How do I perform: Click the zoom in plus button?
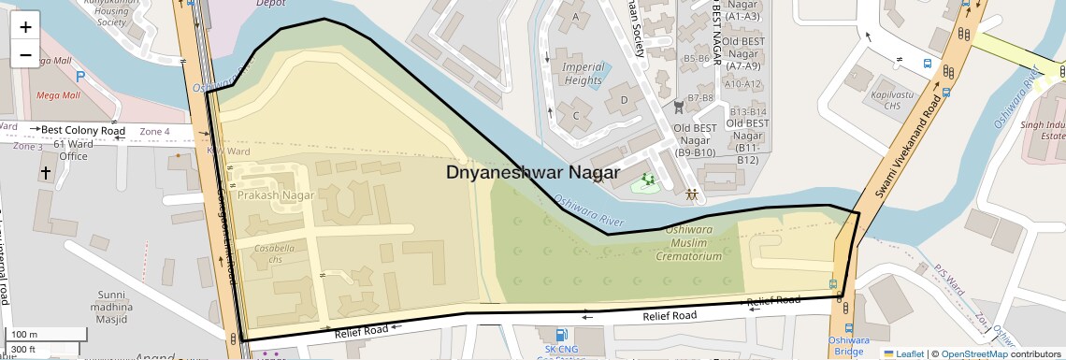pos(25,26)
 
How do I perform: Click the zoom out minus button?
pos(25,55)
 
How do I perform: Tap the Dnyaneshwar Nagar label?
pos(532,173)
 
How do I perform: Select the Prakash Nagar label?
pos(274,195)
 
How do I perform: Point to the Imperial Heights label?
pos(582,74)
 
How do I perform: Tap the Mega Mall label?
pos(59,95)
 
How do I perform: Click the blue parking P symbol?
pos(80,77)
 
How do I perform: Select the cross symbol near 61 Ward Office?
pos(45,173)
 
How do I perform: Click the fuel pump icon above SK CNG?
pos(560,335)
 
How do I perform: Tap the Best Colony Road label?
pos(82,130)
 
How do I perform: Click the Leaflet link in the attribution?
pos(903,354)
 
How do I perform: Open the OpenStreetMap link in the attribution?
pos(973,354)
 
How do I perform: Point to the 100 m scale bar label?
pos(25,335)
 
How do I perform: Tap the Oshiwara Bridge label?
pos(849,346)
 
